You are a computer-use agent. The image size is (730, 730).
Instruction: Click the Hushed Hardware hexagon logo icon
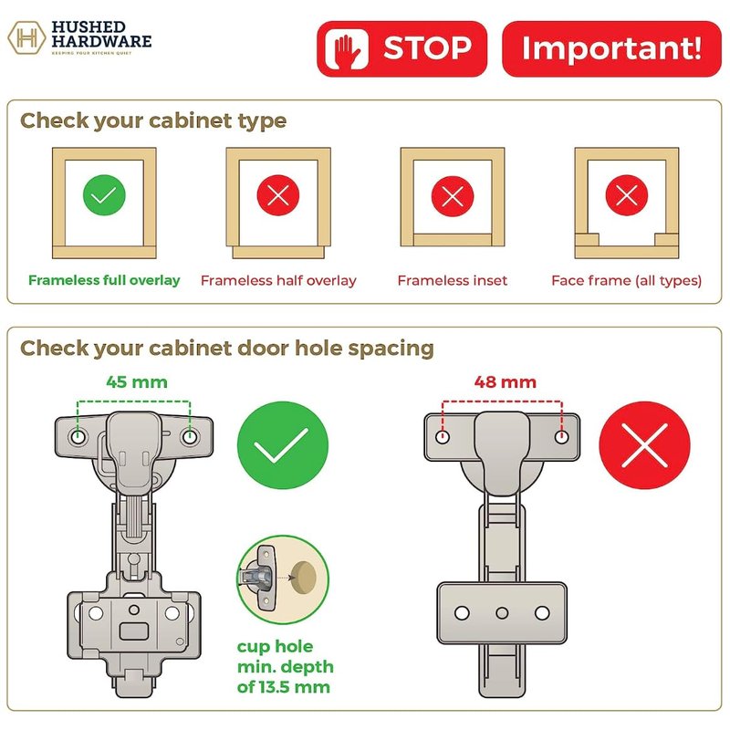(x=27, y=37)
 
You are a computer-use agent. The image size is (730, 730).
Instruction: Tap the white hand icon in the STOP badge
(x=347, y=49)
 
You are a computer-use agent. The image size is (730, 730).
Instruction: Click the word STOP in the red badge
(x=427, y=48)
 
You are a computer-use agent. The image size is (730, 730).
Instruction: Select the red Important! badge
(x=611, y=49)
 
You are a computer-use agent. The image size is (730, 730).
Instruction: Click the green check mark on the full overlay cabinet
(x=104, y=195)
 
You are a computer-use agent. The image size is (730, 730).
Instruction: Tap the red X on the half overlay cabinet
(x=278, y=195)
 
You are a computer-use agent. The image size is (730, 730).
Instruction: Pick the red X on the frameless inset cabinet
(x=453, y=196)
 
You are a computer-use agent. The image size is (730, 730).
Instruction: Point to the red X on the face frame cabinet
(x=627, y=195)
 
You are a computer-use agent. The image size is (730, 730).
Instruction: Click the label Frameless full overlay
(x=104, y=280)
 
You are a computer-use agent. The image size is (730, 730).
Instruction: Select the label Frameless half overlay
(x=278, y=281)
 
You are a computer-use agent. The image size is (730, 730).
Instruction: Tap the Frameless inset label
(x=453, y=280)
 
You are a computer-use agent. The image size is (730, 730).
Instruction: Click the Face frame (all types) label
(x=627, y=281)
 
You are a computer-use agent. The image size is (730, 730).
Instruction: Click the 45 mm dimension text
(x=137, y=382)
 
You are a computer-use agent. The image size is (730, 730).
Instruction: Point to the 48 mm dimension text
(x=506, y=382)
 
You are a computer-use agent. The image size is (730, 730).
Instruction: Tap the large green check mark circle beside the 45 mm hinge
(x=283, y=445)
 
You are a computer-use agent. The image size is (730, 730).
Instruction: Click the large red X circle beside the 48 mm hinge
(x=645, y=445)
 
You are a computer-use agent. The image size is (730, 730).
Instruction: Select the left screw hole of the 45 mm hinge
(x=78, y=437)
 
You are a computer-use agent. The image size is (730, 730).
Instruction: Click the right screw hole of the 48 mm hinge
(x=561, y=437)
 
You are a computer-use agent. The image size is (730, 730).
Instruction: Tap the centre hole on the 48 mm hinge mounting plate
(x=502, y=612)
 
